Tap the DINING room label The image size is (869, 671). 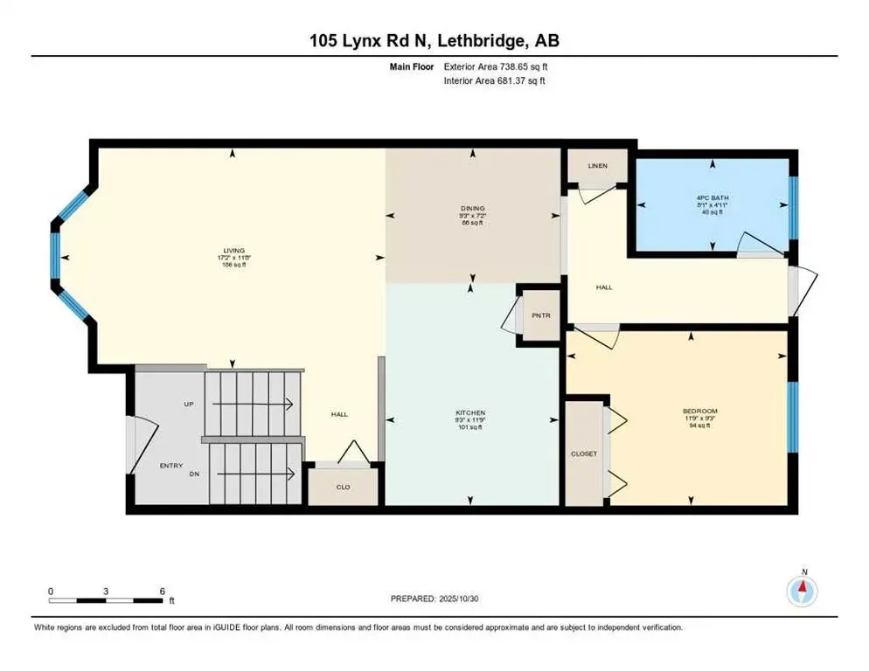473,208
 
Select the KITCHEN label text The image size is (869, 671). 469,412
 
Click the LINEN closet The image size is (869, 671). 597,166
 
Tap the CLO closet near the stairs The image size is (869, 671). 344,487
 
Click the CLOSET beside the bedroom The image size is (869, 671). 585,454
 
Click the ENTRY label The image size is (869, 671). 171,466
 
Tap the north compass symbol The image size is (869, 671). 803,591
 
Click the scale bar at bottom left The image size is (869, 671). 107,599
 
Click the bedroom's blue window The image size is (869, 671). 793,418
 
